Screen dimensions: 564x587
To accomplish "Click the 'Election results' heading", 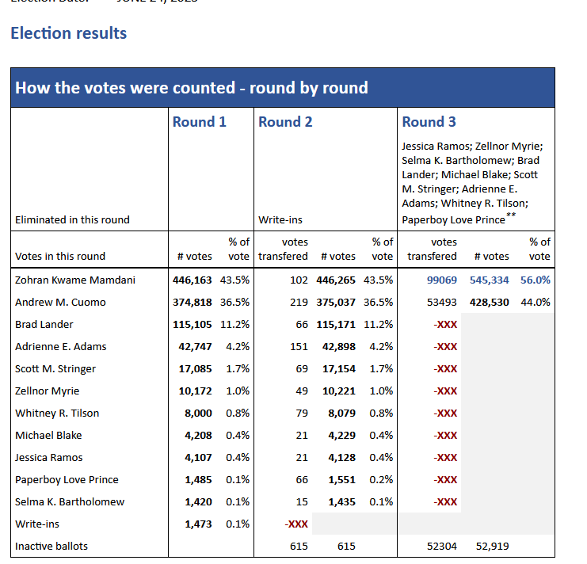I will click(x=68, y=33).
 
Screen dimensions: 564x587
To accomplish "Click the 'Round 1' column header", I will click(x=199, y=122).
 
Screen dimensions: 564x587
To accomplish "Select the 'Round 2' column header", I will click(x=285, y=122).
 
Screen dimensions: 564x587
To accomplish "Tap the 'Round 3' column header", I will click(x=429, y=122).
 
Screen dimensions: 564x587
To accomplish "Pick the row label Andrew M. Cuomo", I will click(x=60, y=302).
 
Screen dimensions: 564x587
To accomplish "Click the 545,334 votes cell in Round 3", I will click(x=491, y=280).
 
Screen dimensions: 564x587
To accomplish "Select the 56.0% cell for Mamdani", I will click(x=535, y=280).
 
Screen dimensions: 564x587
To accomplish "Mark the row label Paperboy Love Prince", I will click(x=67, y=479).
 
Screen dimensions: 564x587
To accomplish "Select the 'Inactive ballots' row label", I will click(x=51, y=546).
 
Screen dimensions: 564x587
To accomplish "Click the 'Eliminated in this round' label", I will click(x=72, y=219).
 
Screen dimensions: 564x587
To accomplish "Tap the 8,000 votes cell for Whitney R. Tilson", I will click(x=198, y=413).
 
